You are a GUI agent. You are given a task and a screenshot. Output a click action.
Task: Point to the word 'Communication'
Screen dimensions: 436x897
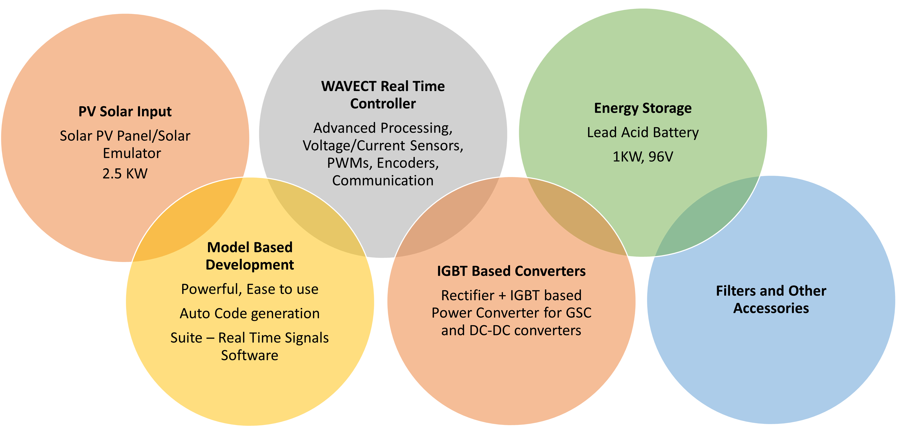click(383, 180)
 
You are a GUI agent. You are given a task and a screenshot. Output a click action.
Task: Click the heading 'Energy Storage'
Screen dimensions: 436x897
click(643, 108)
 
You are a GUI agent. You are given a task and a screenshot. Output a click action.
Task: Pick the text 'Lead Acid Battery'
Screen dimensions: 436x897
click(643, 132)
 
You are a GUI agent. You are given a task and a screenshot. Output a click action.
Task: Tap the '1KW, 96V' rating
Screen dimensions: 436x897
click(643, 157)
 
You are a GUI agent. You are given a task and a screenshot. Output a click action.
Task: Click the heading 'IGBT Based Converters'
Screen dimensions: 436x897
click(511, 271)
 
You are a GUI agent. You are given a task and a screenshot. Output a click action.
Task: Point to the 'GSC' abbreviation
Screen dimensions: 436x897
click(578, 313)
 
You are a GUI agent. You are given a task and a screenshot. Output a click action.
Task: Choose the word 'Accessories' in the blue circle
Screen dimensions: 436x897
click(771, 308)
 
